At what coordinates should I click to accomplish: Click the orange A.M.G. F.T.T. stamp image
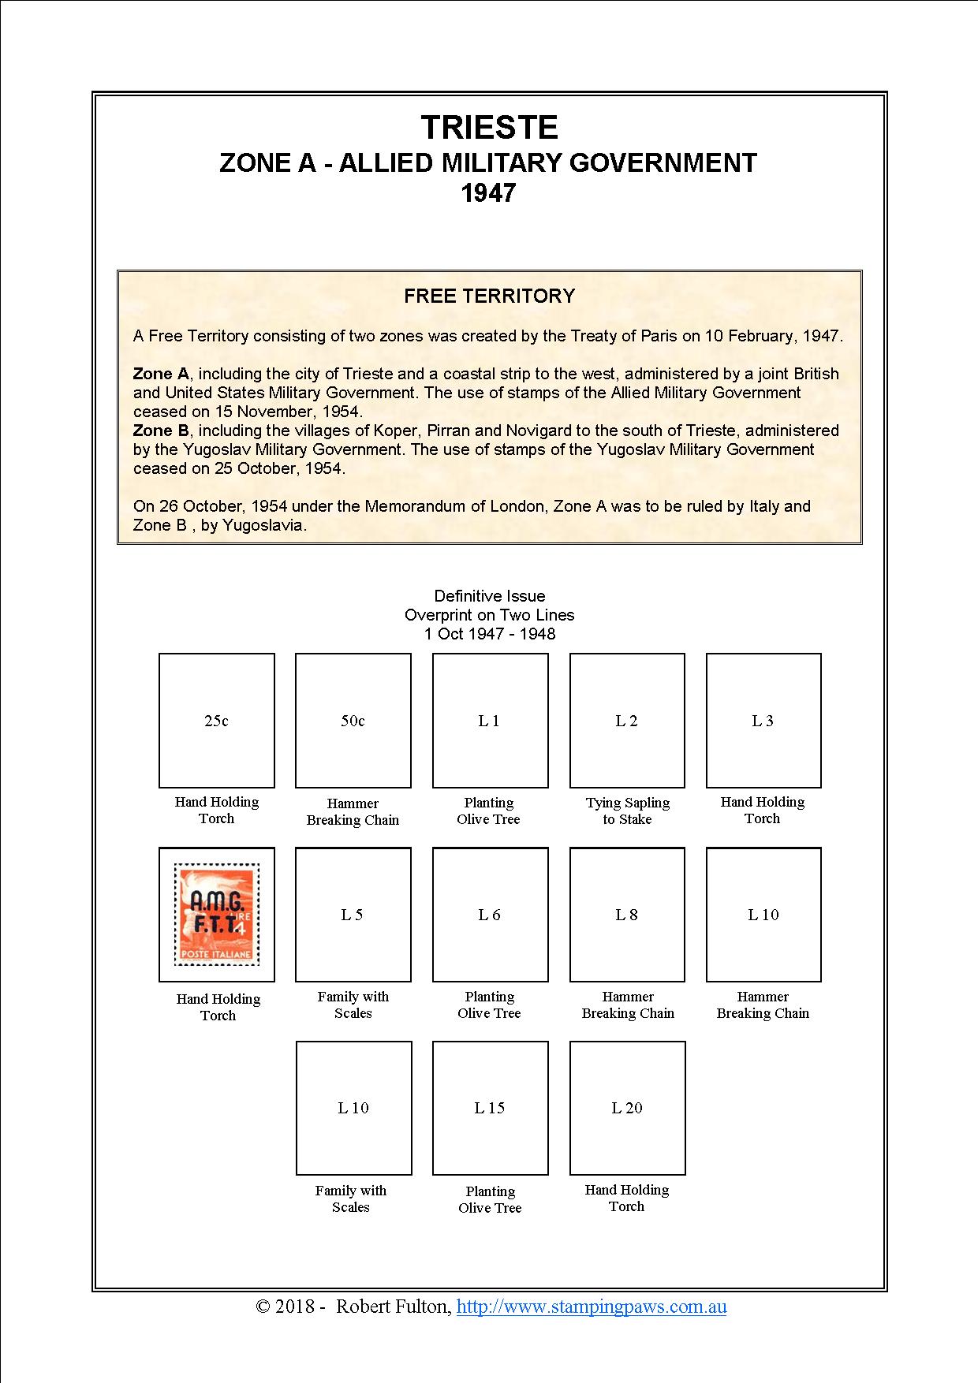tap(217, 915)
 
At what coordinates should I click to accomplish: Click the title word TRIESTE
tap(489, 127)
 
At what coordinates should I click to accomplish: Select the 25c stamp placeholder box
tap(217, 720)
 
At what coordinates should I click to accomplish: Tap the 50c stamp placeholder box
tap(353, 720)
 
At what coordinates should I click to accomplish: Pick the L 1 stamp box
tap(490, 720)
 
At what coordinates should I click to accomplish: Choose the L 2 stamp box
tap(627, 720)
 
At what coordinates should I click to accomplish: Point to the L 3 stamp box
tap(763, 720)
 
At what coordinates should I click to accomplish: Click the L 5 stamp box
tap(353, 914)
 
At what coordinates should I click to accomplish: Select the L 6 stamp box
tap(490, 914)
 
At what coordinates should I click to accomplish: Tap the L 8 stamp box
tap(627, 914)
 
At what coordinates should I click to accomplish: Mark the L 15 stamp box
tap(491, 1107)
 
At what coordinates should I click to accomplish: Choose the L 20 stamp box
tap(628, 1107)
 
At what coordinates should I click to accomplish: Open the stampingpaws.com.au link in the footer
tap(592, 1307)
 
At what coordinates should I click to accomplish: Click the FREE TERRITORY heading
tap(489, 296)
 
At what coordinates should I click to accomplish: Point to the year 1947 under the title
tap(489, 193)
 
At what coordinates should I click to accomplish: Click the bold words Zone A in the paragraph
tap(161, 374)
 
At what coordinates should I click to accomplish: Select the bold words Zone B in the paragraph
tap(161, 431)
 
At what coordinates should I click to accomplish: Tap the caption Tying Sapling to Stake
tap(628, 811)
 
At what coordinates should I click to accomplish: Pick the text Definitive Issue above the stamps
tap(489, 596)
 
